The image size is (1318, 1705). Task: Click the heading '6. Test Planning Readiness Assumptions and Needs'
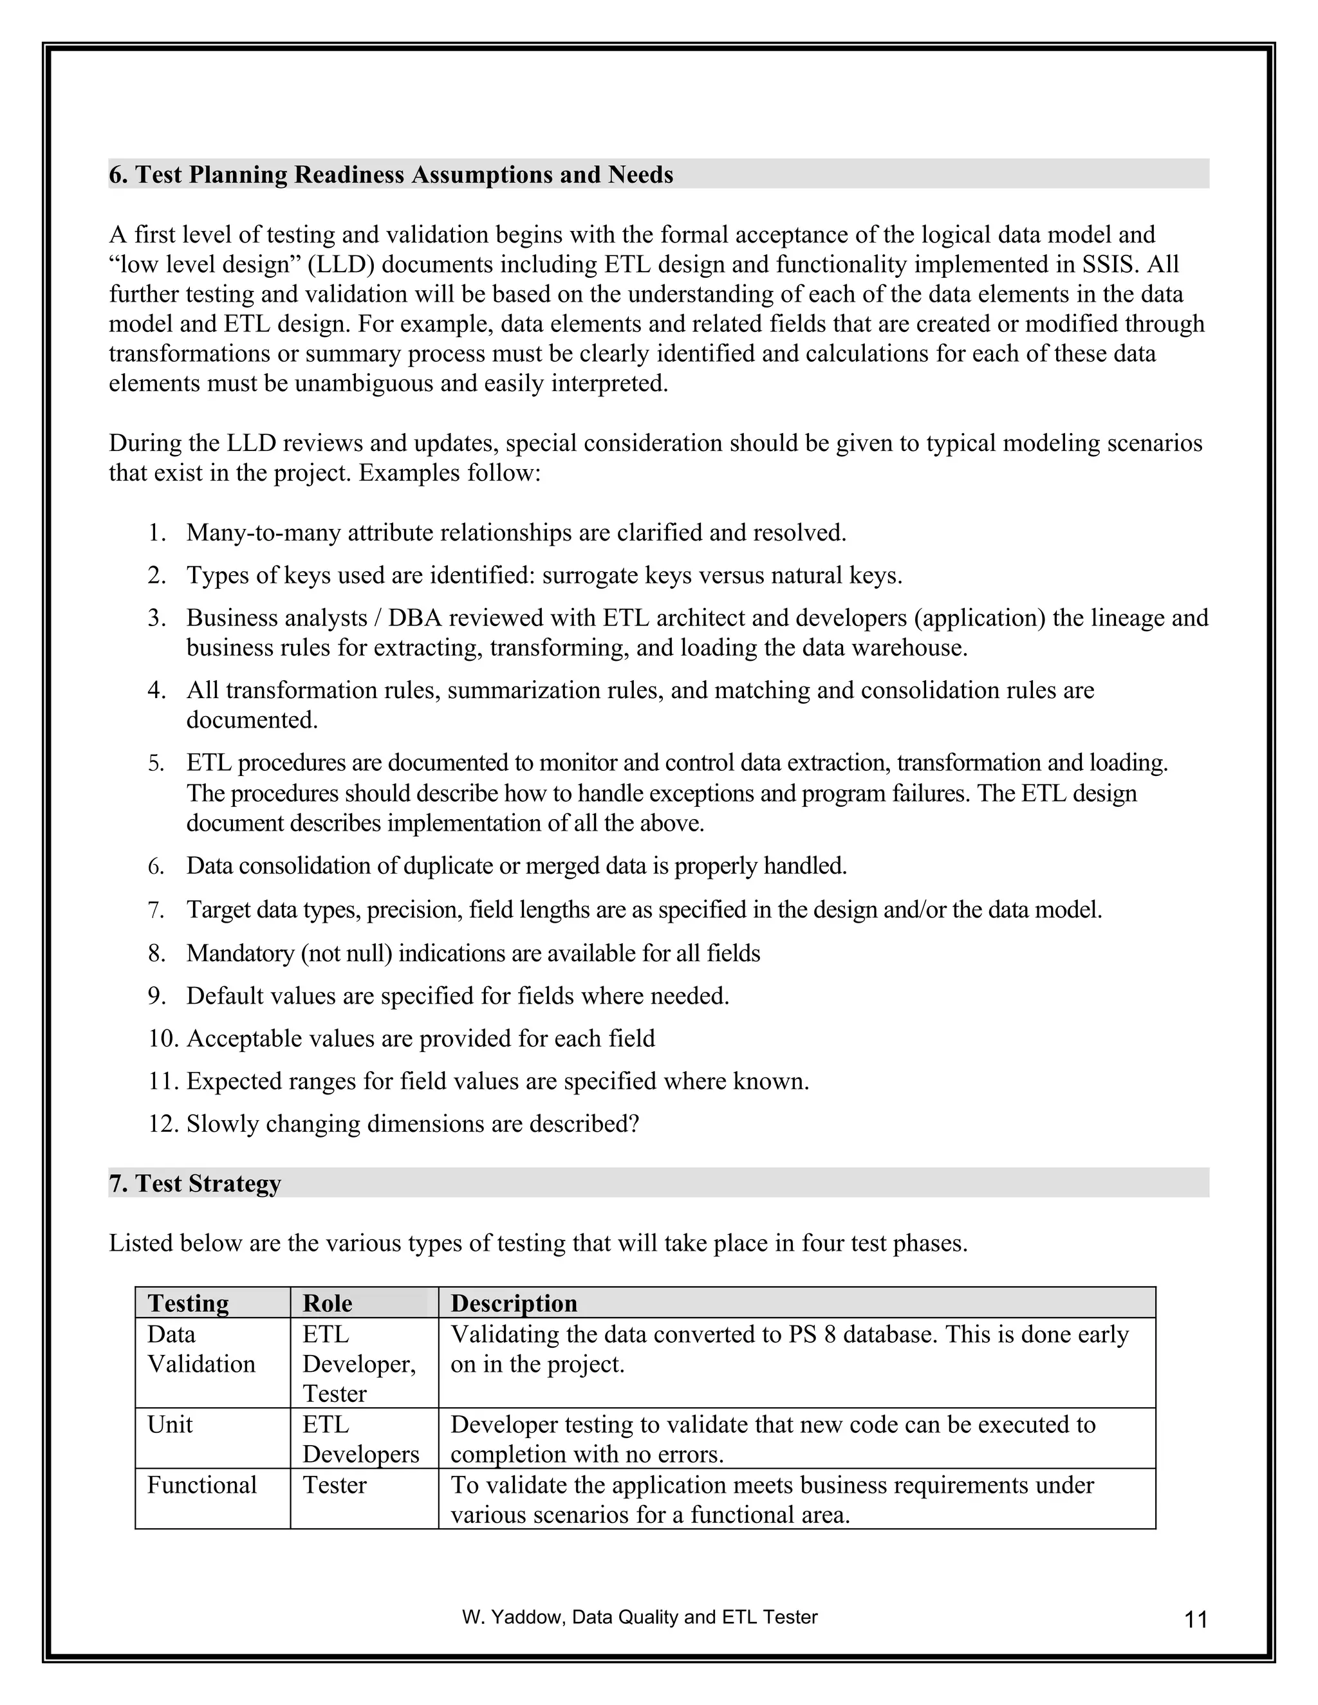tap(391, 175)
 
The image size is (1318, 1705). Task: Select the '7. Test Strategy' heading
tap(194, 1183)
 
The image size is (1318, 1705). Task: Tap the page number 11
tap(1196, 1620)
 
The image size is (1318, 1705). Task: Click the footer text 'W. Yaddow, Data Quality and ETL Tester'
tap(640, 1617)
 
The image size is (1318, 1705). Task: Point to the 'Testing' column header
tap(188, 1303)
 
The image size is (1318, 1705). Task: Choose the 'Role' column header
tap(327, 1303)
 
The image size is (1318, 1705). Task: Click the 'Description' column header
tap(514, 1303)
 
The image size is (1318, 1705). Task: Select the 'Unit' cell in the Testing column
tap(169, 1424)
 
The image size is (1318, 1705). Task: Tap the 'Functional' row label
tap(201, 1485)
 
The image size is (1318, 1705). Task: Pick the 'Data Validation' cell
tap(201, 1350)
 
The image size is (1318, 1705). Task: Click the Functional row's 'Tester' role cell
tap(334, 1485)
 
